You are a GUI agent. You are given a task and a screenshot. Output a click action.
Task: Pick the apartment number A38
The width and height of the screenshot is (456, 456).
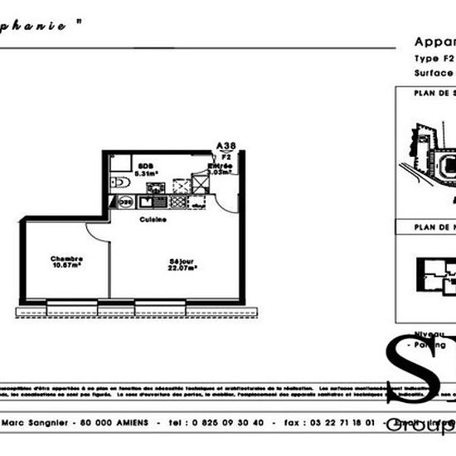point(226,146)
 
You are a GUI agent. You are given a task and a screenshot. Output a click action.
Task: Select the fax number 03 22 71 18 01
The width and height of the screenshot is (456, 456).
point(341,422)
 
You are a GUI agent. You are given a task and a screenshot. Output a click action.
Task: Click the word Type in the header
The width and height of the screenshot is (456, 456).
point(425,59)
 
